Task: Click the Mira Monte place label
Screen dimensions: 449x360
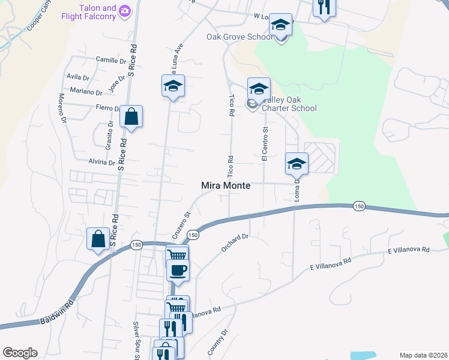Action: coord(224,186)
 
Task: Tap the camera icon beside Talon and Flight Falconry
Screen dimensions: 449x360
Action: coord(125,10)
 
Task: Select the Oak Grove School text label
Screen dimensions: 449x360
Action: coord(240,37)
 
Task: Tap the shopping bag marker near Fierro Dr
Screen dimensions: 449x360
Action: coord(131,117)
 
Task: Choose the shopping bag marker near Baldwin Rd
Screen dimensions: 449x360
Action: coord(98,239)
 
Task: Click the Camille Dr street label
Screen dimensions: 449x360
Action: coord(111,60)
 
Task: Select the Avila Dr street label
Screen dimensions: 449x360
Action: coord(78,77)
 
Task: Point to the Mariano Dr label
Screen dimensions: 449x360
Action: coord(86,92)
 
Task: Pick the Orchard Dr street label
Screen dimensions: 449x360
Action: coord(235,243)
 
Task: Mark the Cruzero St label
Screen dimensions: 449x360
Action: coord(184,221)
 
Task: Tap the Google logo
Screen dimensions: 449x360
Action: coord(19,353)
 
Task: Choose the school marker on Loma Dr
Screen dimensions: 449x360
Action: coord(297,163)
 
